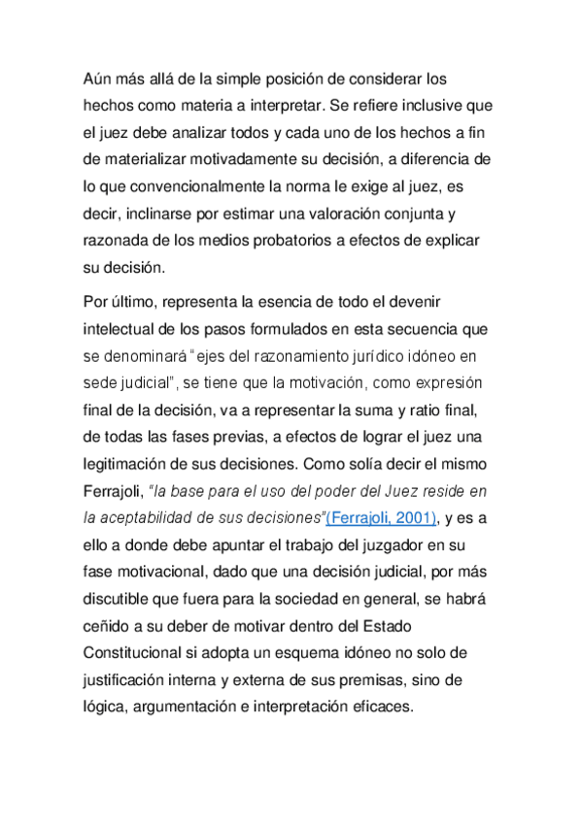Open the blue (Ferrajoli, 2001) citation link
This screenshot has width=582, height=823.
380,514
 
